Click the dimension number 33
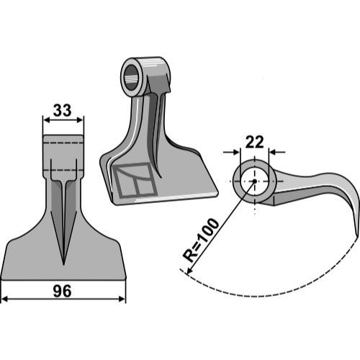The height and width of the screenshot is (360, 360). pyautogui.click(x=63, y=110)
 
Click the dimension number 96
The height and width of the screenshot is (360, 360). pyautogui.click(x=63, y=292)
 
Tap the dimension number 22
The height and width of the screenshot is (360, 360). pyautogui.click(x=255, y=143)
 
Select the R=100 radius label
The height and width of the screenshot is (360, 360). pyautogui.click(x=201, y=240)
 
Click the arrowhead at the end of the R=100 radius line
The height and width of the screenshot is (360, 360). pyautogui.click(x=189, y=271)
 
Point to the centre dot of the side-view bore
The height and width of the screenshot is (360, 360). pyautogui.click(x=255, y=181)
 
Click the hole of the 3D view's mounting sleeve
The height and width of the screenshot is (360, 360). pyautogui.click(x=131, y=77)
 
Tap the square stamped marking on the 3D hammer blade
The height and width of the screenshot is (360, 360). pyautogui.click(x=135, y=180)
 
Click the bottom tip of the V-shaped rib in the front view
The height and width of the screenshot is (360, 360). pyautogui.click(x=63, y=264)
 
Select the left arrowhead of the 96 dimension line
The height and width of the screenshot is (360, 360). pyautogui.click(x=5, y=299)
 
